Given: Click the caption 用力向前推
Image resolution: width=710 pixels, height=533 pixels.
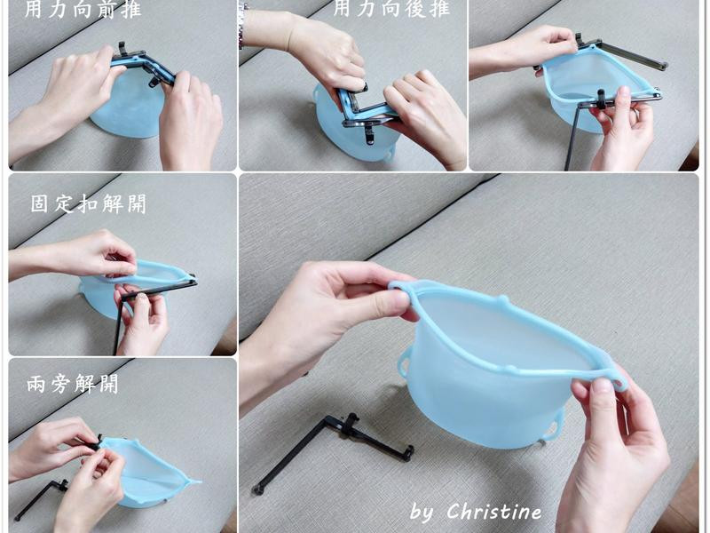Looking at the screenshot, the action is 83,9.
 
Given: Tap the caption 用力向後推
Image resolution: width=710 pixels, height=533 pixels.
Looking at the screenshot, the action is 391,9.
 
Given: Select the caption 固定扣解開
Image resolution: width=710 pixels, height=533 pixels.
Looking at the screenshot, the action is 89,204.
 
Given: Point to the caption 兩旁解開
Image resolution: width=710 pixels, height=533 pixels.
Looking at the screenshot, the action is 73,385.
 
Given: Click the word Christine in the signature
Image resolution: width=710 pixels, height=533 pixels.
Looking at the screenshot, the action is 494,512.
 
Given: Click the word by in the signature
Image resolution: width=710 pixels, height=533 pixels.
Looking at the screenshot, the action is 422,513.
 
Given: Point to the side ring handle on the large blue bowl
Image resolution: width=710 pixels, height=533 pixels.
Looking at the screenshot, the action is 403,362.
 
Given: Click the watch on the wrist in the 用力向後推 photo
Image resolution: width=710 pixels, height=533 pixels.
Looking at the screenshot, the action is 243,25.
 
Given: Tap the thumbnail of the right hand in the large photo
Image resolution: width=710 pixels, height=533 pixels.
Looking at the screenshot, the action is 603,387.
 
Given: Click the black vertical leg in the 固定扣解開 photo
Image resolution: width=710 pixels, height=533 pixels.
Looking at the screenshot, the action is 118,325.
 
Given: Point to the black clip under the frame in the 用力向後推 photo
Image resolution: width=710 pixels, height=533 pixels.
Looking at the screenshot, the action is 368,133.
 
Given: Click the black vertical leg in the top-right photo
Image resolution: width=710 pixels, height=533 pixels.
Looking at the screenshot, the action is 572,138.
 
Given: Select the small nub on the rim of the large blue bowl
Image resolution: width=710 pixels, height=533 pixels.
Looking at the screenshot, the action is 501,300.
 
